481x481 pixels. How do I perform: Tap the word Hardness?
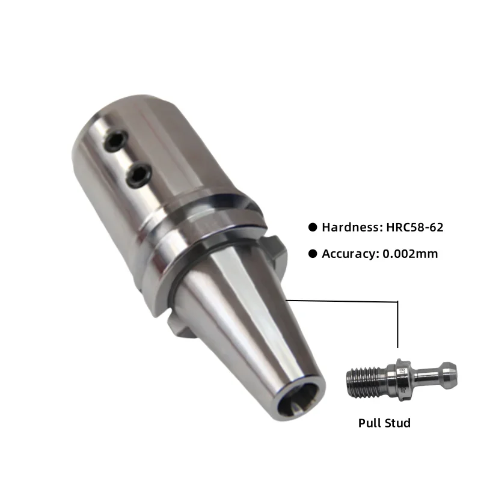pyautogui.click(x=348, y=227)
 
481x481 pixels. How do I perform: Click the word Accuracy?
pyautogui.click(x=348, y=254)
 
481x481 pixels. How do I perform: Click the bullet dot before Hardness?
pyautogui.click(x=312, y=227)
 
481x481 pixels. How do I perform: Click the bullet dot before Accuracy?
pyautogui.click(x=312, y=254)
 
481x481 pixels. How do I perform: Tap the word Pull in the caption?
pyautogui.click(x=370, y=423)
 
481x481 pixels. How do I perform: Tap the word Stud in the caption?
pyautogui.click(x=397, y=423)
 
